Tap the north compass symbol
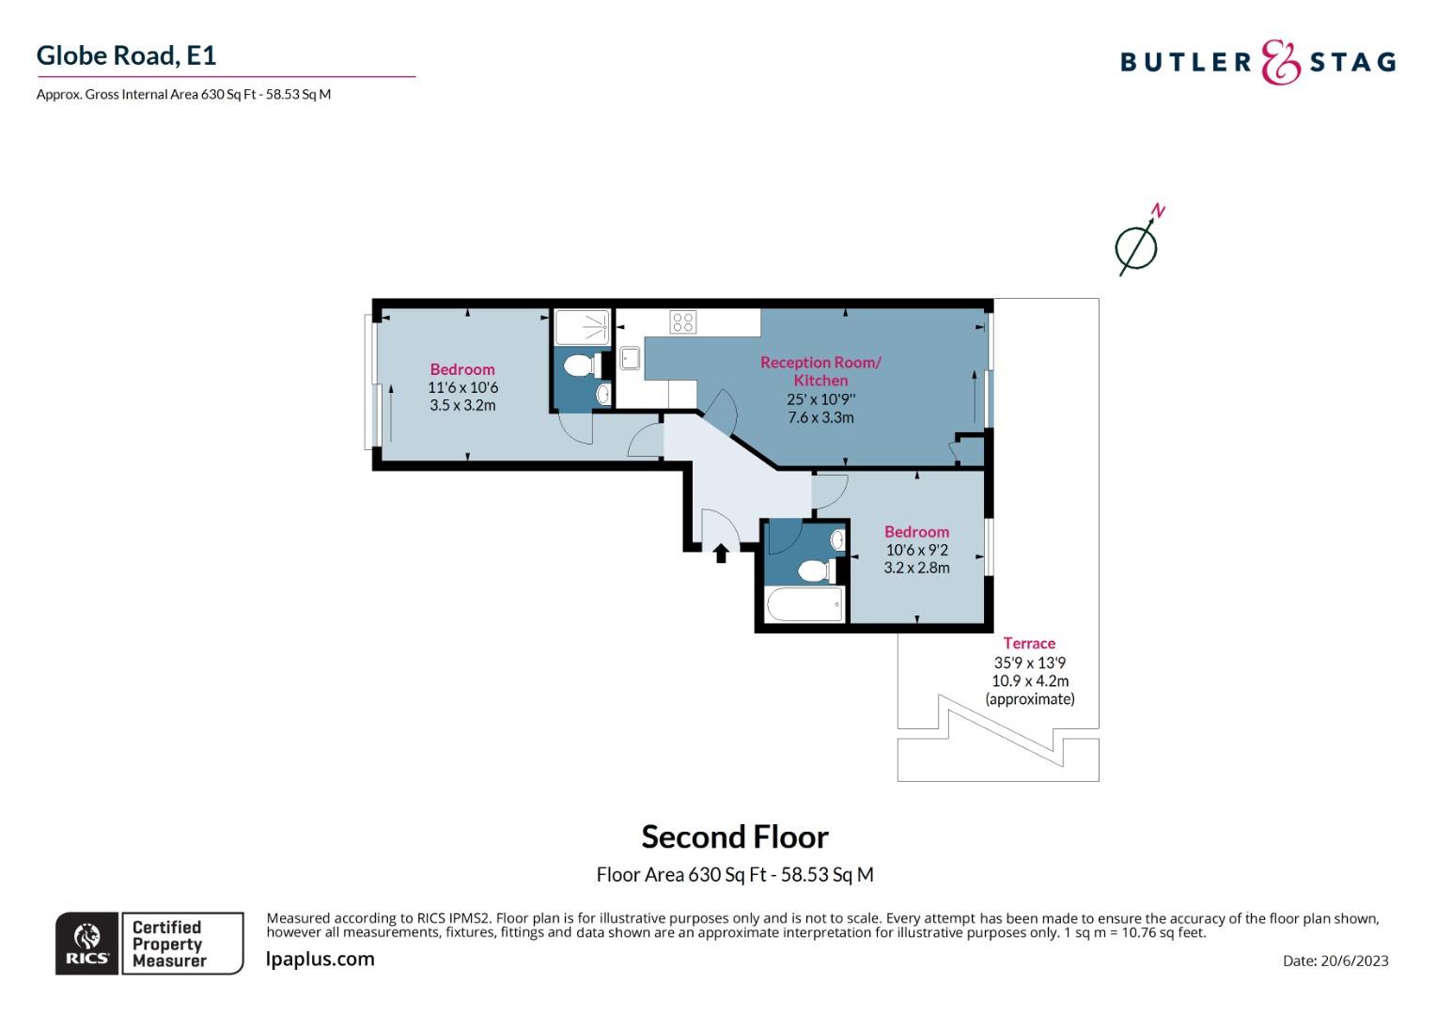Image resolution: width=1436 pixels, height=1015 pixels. [x=1136, y=247]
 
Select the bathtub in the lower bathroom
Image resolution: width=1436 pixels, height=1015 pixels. [x=804, y=604]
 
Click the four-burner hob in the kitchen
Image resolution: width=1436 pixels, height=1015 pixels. [x=683, y=321]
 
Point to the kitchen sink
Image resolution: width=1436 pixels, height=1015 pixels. [x=630, y=358]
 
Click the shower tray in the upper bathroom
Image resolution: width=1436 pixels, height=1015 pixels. [x=582, y=328]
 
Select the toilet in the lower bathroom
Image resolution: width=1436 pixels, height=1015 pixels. [x=814, y=570]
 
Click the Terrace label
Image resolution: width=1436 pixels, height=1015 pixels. [x=1029, y=644]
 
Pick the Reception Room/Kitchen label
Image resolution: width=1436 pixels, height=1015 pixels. [x=820, y=371]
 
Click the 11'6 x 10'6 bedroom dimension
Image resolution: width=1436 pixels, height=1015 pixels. [x=462, y=387]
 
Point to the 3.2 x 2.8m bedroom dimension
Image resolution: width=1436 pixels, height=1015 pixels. [x=916, y=568]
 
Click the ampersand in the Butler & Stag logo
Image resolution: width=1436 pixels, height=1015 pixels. [x=1279, y=62]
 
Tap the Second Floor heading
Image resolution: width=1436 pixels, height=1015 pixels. [x=735, y=836]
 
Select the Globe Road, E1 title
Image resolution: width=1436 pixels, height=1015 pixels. [x=127, y=55]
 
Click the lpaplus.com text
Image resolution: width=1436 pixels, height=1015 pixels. [x=320, y=960]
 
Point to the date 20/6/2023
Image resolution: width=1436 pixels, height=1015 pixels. [x=1335, y=960]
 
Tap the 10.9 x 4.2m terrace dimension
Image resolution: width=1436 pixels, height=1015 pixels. [x=1030, y=680]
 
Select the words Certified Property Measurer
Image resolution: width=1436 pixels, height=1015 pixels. [x=168, y=944]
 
